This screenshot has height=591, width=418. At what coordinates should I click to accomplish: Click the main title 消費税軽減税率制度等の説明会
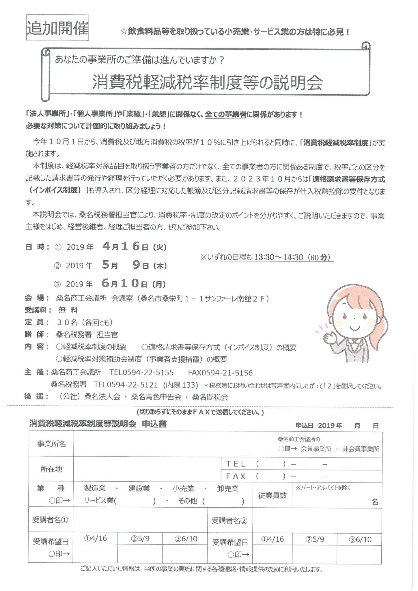[207, 83]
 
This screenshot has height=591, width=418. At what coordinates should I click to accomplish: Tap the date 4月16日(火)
[134, 246]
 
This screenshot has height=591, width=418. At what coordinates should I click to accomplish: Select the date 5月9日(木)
[134, 265]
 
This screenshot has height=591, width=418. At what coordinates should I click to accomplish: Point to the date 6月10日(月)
[134, 284]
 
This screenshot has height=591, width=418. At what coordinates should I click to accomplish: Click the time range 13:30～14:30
[279, 257]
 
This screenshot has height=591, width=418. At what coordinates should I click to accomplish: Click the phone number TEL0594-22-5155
[141, 373]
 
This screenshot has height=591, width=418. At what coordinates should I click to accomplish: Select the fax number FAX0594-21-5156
[220, 373]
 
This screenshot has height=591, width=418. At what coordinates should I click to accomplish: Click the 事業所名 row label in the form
[51, 444]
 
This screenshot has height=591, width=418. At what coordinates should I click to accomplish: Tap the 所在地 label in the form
[51, 469]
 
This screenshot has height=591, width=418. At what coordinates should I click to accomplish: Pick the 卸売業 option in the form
[228, 488]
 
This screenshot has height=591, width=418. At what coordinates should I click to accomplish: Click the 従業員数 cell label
[272, 495]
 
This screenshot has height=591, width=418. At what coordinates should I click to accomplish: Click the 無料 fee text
[68, 310]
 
